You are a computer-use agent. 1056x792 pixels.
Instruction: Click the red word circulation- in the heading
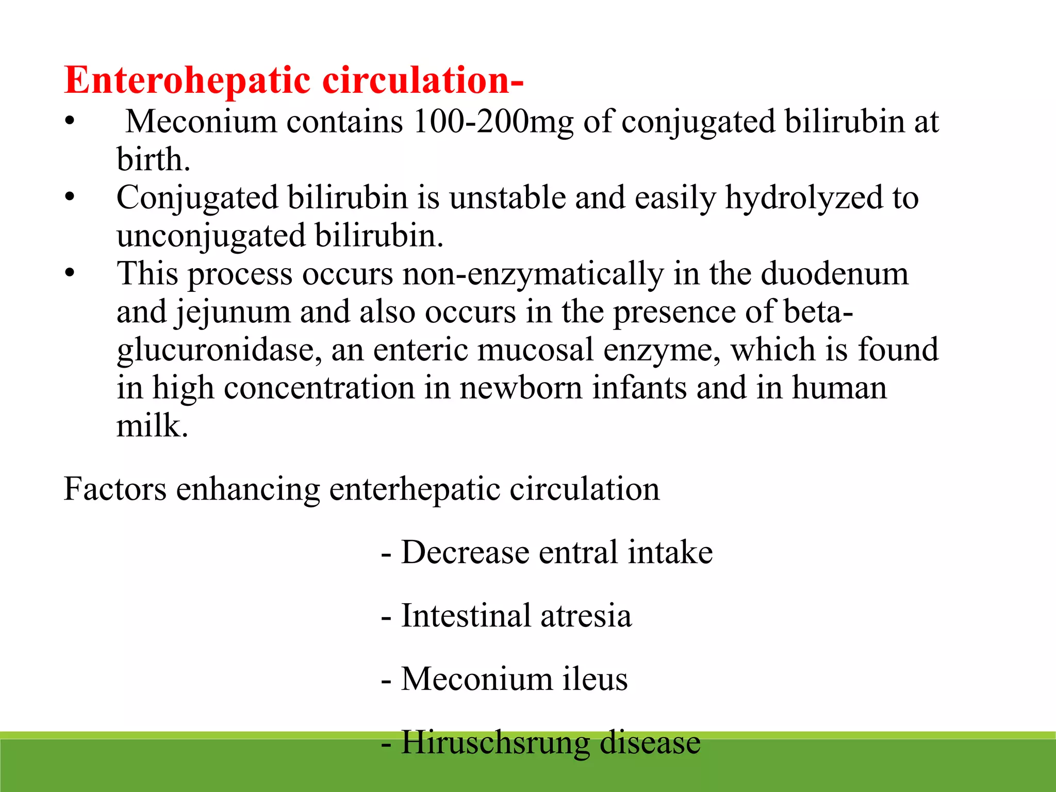[x=423, y=80]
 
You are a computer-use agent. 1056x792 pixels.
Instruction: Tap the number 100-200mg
[x=493, y=123]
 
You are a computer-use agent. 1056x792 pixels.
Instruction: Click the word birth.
[x=153, y=160]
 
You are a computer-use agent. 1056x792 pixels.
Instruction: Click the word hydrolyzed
[x=804, y=199]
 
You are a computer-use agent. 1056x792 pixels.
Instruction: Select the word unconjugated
[x=211, y=237]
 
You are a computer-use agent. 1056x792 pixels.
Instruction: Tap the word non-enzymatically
[x=533, y=274]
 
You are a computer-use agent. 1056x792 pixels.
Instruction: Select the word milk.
[x=152, y=426]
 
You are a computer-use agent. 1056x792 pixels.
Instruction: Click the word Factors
[x=115, y=489]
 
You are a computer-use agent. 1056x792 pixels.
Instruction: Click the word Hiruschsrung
[x=495, y=743]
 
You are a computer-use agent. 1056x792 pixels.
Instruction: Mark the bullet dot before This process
[x=70, y=273]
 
